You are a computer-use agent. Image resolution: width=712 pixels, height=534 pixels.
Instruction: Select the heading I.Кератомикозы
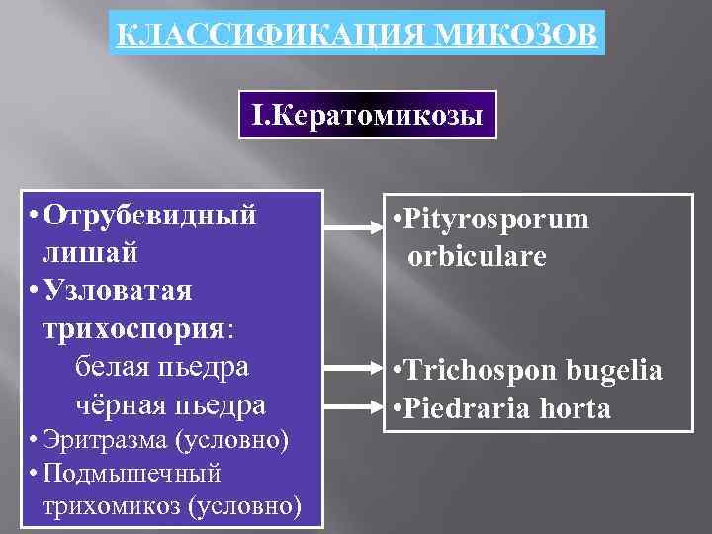(367, 117)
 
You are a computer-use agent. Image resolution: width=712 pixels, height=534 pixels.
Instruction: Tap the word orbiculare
(478, 257)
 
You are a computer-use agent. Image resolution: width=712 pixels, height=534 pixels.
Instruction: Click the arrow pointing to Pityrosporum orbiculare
(355, 228)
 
